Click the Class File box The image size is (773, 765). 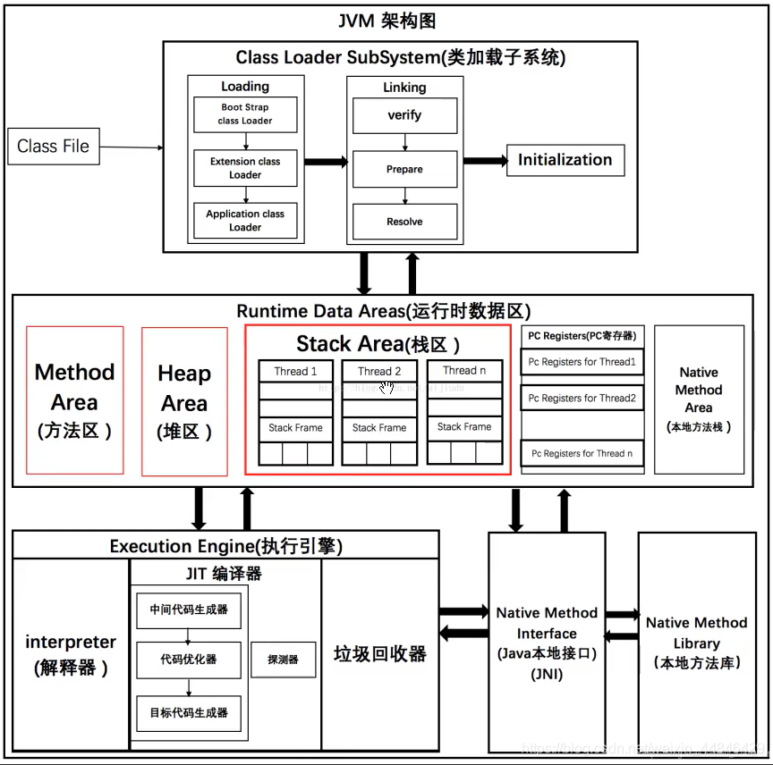pyautogui.click(x=54, y=146)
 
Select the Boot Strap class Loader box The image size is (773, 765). pyautogui.click(x=245, y=113)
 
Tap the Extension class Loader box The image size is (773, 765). pyautogui.click(x=245, y=168)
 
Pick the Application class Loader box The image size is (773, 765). pyautogui.click(x=245, y=220)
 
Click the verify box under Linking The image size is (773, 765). pyautogui.click(x=404, y=115)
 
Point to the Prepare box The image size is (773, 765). pyautogui.click(x=404, y=169)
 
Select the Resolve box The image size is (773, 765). pyautogui.click(x=404, y=221)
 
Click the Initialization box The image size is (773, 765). pyautogui.click(x=565, y=160)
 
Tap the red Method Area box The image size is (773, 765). pyautogui.click(x=75, y=399)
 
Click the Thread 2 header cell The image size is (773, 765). pyautogui.click(x=379, y=371)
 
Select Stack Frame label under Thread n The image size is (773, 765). pyautogui.click(x=464, y=427)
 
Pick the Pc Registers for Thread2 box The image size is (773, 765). pyautogui.click(x=582, y=398)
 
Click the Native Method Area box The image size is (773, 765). pyautogui.click(x=699, y=399)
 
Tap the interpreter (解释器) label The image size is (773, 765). pyautogui.click(x=71, y=654)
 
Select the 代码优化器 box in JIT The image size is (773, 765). pyautogui.click(x=189, y=660)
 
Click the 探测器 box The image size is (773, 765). pyautogui.click(x=283, y=660)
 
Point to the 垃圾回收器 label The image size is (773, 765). pyautogui.click(x=380, y=653)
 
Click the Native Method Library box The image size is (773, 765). pyautogui.click(x=696, y=642)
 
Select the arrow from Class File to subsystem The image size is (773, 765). pyautogui.click(x=131, y=147)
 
